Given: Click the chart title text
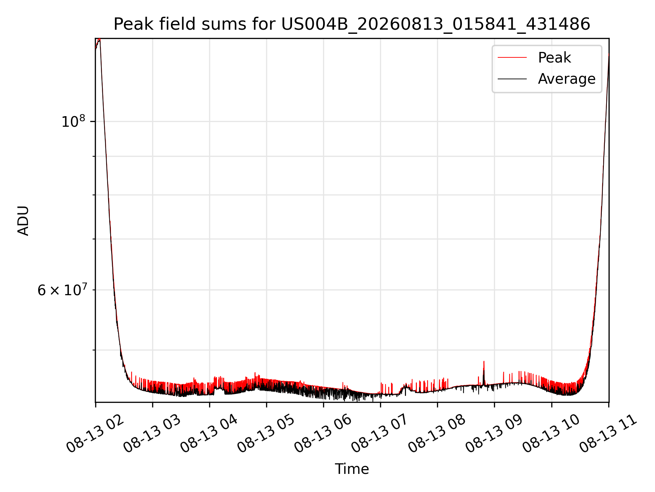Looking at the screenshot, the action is (x=352, y=24).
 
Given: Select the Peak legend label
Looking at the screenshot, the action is (x=554, y=58).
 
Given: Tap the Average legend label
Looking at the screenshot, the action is (x=567, y=79).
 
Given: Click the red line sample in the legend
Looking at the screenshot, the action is (x=512, y=58).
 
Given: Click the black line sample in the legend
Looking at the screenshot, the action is (x=512, y=79).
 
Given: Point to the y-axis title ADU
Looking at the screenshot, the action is (x=23, y=221).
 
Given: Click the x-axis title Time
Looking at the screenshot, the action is (x=352, y=469).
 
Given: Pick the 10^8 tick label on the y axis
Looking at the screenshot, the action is (x=73, y=122).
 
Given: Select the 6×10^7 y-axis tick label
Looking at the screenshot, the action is (x=62, y=290).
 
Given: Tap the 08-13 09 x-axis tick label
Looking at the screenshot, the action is (x=494, y=434).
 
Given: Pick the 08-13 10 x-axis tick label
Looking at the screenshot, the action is (x=551, y=434).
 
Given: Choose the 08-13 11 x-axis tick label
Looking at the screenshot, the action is (x=608, y=434).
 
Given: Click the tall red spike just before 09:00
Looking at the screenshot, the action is (x=484, y=372).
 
